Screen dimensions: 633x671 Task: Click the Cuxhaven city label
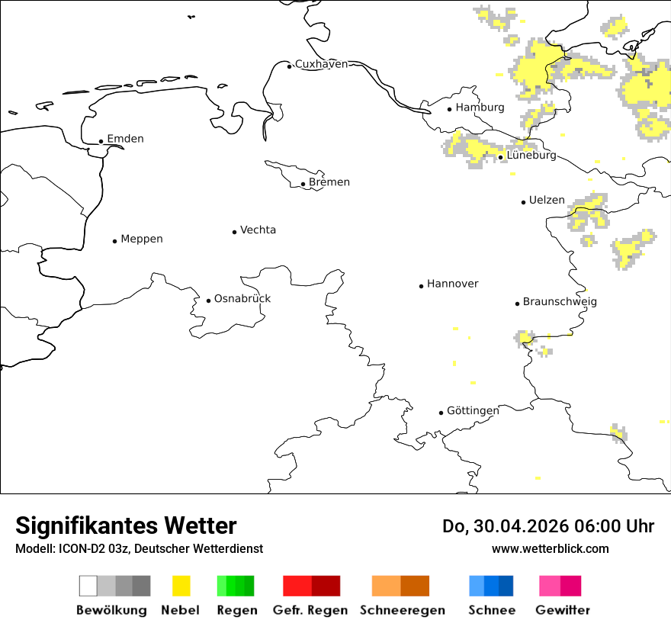(x=321, y=64)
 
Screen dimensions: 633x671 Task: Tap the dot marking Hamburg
(x=449, y=108)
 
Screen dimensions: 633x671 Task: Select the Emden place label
(x=125, y=139)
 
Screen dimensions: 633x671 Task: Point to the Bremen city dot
(x=303, y=184)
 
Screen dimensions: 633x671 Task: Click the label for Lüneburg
(x=531, y=156)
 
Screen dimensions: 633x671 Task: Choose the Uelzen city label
(x=547, y=201)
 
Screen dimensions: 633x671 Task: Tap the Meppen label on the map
(x=142, y=239)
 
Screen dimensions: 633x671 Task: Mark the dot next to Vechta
(x=234, y=232)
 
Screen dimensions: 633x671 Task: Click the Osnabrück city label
(x=242, y=298)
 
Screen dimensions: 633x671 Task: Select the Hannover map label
(x=453, y=284)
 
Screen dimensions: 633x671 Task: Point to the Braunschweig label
(x=560, y=302)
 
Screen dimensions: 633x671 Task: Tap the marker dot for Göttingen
(x=441, y=413)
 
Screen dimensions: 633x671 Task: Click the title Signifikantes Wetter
(x=126, y=525)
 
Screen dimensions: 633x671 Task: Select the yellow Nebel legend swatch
(x=181, y=586)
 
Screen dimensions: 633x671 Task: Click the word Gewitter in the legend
(x=562, y=610)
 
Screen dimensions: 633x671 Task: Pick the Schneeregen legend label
(x=402, y=610)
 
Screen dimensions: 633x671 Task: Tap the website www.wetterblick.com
(x=550, y=548)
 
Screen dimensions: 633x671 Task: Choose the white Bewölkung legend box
(x=88, y=586)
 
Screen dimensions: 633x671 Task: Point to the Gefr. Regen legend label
(x=310, y=610)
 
